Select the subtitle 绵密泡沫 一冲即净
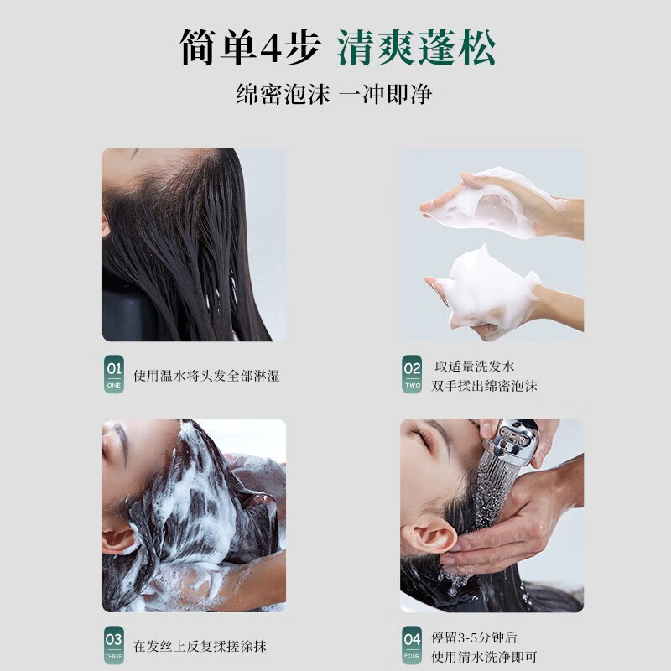tap(334, 94)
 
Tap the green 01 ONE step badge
tap(113, 374)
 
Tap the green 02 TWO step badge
tap(412, 374)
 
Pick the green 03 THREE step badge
tap(113, 645)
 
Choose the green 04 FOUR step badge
tap(412, 645)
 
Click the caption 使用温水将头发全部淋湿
tap(207, 376)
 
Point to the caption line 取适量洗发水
tap(475, 367)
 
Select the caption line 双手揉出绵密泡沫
tap(485, 386)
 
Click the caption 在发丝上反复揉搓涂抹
tap(201, 647)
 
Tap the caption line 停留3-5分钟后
tap(475, 637)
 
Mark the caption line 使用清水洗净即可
tap(485, 657)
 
